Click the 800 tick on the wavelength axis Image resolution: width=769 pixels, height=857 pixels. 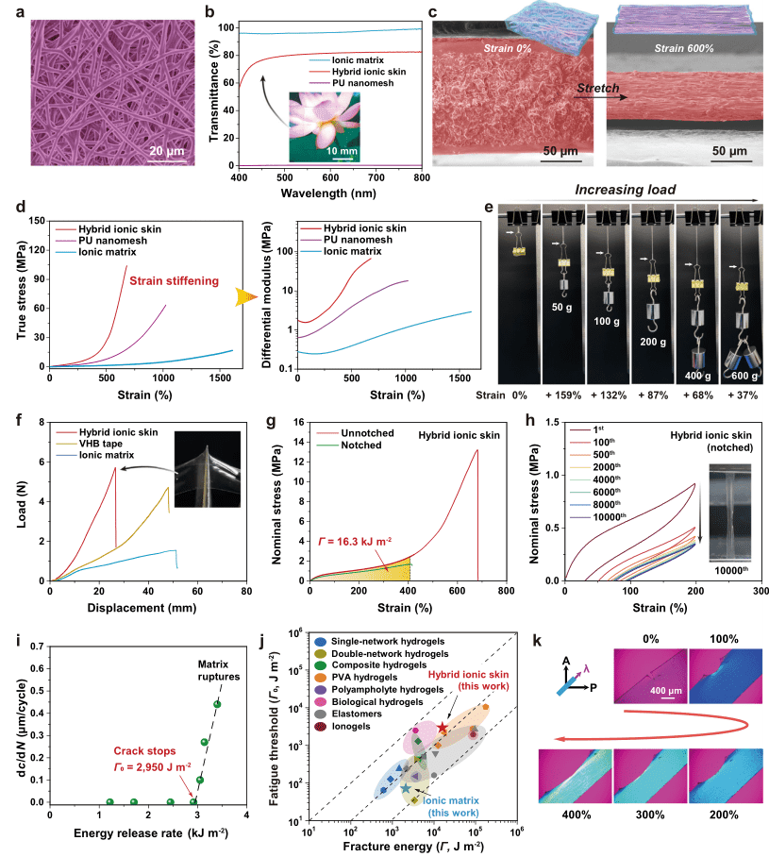(x=422, y=177)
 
